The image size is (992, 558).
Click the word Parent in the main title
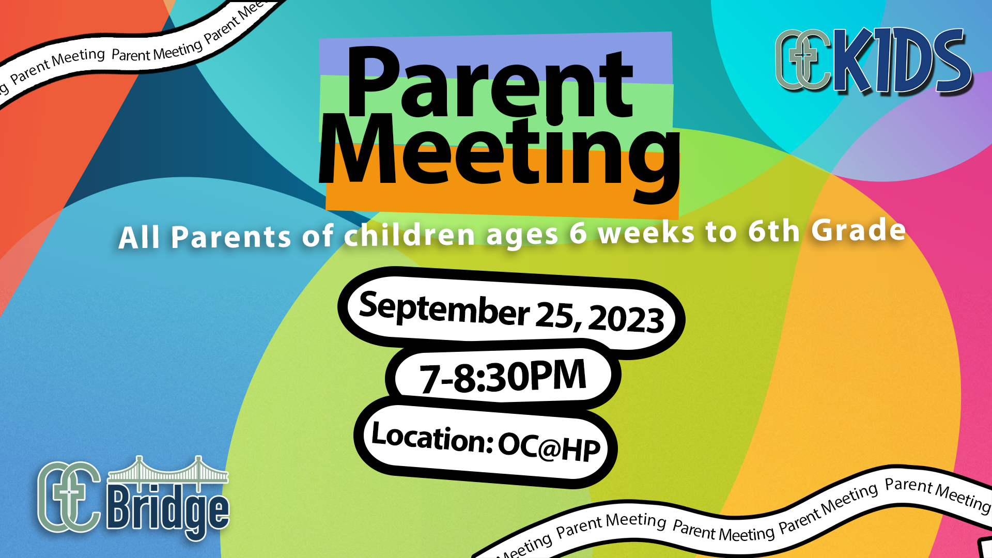click(490, 83)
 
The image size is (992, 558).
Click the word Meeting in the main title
click(499, 155)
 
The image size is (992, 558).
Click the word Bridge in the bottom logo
click(168, 509)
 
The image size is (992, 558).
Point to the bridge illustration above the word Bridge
click(168, 470)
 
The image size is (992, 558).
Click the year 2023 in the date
click(626, 318)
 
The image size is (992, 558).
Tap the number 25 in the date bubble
click(555, 314)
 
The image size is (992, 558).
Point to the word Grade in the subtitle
click(858, 230)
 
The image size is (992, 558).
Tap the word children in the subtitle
click(409, 235)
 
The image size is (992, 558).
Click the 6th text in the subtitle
click(773, 231)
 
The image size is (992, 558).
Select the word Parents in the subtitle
click(231, 237)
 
